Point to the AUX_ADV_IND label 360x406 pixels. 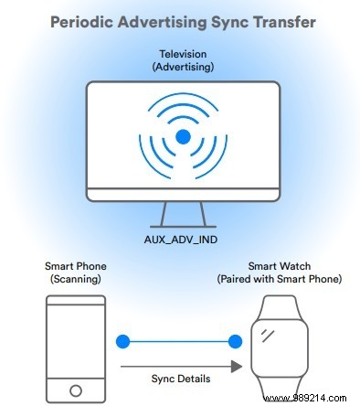click(183, 237)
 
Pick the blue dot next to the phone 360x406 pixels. click(122, 342)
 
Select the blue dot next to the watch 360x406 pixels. click(235, 342)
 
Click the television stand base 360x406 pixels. click(183, 225)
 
